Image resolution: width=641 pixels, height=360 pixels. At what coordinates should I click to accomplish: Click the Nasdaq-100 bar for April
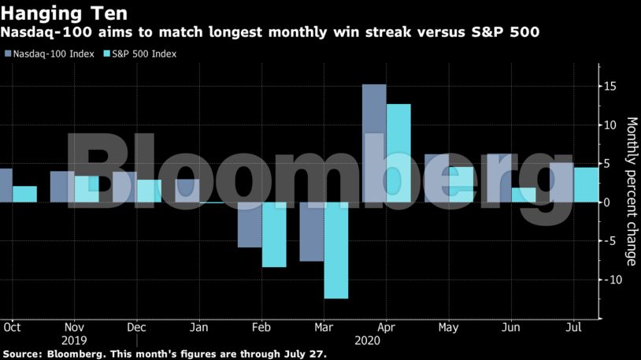374,143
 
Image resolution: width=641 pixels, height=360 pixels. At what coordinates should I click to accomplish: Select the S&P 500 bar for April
398,153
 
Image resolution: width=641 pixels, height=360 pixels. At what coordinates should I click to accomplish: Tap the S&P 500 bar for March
336,251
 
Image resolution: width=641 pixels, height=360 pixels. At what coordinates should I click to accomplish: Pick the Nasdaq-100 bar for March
312,232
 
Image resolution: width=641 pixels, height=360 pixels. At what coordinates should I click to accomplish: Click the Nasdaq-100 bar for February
250,225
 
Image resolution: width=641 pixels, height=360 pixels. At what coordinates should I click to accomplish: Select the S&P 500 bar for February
274,235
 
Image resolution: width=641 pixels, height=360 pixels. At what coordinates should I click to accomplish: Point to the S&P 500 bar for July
584,185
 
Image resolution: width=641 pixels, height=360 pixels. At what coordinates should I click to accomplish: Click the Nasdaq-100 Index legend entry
54,54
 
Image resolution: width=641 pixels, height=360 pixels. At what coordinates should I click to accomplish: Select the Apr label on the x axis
387,327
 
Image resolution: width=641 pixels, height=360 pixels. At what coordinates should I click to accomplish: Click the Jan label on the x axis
199,327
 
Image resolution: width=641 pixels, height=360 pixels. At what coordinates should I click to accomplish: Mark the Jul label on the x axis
574,327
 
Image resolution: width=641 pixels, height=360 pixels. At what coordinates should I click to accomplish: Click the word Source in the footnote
23,354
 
